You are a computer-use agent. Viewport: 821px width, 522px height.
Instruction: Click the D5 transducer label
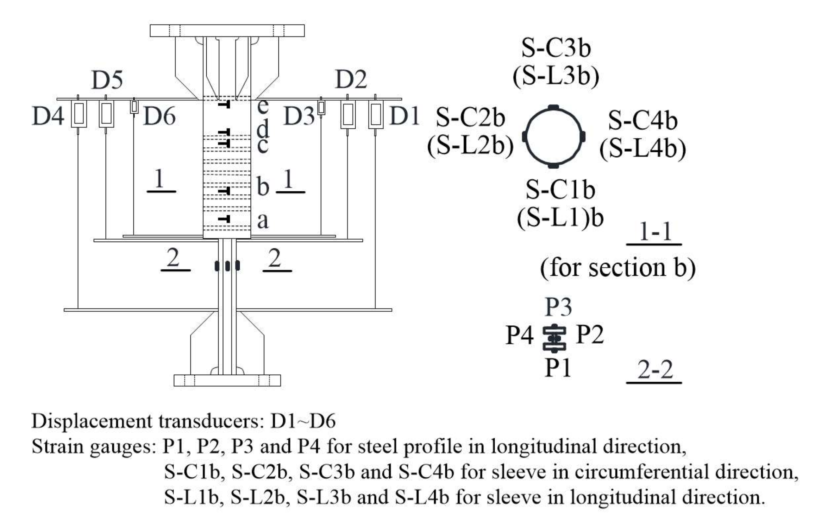pos(107,80)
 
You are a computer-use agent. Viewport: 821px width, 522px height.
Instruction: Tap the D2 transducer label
pos(351,80)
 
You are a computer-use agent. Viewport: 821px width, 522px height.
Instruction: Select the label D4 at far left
pos(48,116)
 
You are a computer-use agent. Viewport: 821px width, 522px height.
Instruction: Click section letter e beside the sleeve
pos(263,106)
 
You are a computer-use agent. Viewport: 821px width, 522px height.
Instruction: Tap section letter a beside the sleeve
pos(263,221)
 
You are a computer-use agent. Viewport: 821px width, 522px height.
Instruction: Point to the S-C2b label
pos(470,118)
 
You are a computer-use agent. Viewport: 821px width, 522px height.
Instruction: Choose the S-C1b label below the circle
pos(560,190)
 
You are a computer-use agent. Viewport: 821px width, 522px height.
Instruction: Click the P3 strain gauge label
pos(558,307)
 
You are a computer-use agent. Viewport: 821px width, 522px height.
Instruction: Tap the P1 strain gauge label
pos(558,368)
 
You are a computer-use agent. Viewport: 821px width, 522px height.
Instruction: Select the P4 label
pos(519,335)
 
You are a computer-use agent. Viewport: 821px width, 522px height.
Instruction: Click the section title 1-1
pos(654,232)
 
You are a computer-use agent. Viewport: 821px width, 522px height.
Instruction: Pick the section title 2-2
pos(654,370)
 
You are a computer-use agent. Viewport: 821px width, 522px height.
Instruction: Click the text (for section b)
pos(618,268)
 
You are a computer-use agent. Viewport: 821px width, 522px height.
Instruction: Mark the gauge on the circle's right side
pos(583,136)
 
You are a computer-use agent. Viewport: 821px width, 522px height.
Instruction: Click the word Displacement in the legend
pos(93,421)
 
